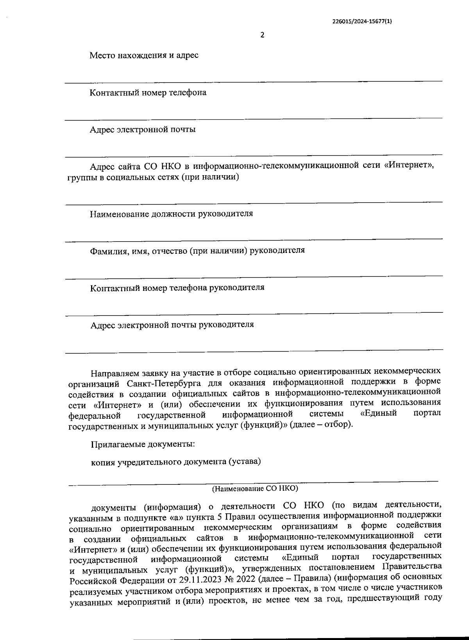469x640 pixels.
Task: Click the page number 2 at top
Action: [262, 35]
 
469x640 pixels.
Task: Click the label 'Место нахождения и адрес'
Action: [144, 56]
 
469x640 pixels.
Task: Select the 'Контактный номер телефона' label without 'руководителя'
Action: [148, 93]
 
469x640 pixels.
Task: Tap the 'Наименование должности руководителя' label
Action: [171, 214]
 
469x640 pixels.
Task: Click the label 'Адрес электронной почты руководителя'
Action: [172, 324]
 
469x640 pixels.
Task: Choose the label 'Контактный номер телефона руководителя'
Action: [177, 288]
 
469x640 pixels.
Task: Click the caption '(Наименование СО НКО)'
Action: [255, 489]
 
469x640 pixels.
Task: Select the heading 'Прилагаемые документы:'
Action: [143, 445]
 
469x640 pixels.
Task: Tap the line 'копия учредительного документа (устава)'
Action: [176, 462]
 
